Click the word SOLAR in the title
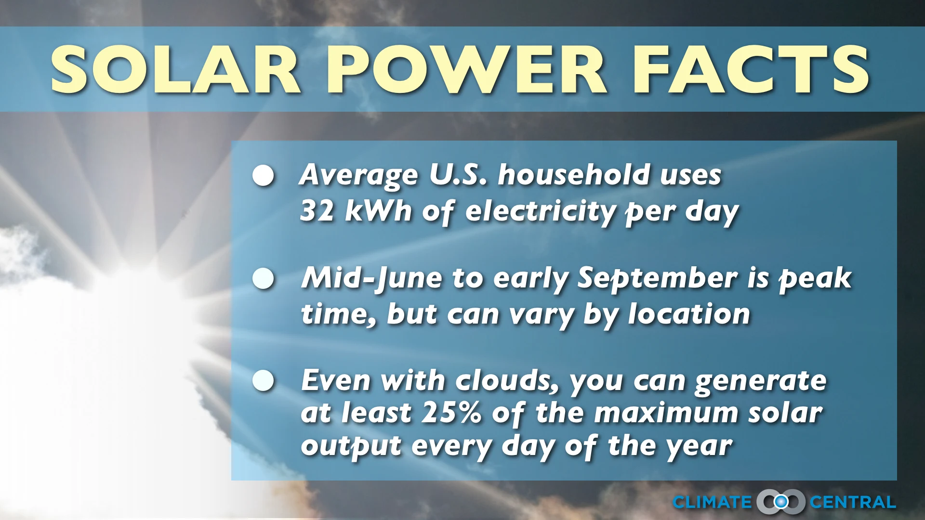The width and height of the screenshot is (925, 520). [x=176, y=70]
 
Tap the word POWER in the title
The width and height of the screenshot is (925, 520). [x=466, y=70]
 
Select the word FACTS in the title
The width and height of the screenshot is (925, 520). [x=751, y=70]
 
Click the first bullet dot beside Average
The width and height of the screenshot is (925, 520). [x=264, y=176]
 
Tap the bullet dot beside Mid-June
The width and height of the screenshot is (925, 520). [x=264, y=278]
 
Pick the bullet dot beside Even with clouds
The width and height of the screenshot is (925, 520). [x=264, y=381]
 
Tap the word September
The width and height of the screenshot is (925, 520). [x=657, y=278]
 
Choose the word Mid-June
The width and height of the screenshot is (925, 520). [x=371, y=278]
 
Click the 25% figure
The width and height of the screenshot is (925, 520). [x=451, y=413]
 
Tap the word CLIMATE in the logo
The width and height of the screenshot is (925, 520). [x=712, y=502]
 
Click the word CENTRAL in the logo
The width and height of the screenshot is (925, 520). [x=852, y=502]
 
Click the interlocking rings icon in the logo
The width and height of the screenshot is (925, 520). [x=780, y=502]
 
